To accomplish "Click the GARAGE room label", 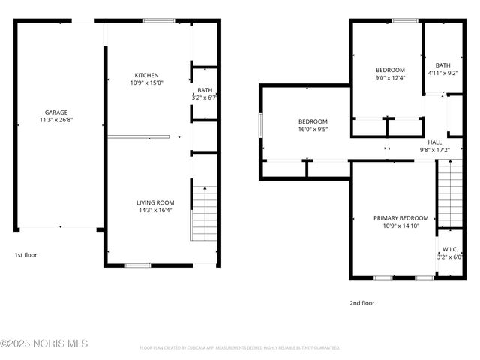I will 55,112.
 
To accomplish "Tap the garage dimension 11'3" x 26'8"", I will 55,119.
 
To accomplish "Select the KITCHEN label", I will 146,75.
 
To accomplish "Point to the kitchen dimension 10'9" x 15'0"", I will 146,82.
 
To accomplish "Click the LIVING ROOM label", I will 155,202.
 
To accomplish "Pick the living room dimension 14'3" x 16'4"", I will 155,210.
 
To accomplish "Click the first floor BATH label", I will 205,90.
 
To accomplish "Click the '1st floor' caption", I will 25,255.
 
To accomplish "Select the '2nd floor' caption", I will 361,303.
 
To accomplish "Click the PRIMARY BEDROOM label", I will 401,218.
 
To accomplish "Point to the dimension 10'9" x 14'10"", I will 401,226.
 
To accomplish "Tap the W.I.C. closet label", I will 450,249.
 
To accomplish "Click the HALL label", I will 435,142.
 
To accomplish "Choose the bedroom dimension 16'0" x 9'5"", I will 313,129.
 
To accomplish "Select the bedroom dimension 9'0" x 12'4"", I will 390,77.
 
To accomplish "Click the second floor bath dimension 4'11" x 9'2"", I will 442,73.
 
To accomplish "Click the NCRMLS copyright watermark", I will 44,343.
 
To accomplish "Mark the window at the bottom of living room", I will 137,265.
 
